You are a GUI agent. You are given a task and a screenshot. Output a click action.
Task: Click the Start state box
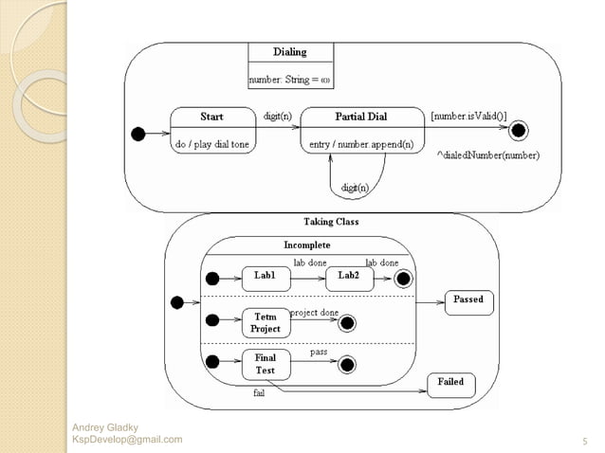tap(211, 131)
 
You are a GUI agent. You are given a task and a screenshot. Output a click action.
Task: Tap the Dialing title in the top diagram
tap(289, 52)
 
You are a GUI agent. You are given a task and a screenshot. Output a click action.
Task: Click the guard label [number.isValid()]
tap(467, 116)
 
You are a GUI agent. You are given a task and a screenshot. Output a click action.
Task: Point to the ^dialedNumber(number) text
tap(487, 154)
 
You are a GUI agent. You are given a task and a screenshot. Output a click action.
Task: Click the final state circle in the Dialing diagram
tap(519, 130)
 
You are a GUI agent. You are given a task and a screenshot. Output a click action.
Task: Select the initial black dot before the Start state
tap(138, 133)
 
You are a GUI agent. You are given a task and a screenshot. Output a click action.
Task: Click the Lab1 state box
tap(265, 277)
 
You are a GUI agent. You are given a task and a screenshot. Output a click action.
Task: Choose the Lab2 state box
tap(348, 277)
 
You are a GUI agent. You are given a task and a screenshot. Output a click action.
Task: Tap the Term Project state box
tap(265, 322)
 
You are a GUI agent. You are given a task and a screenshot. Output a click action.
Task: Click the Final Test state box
tap(265, 364)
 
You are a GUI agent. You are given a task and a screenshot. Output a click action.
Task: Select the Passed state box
tap(467, 300)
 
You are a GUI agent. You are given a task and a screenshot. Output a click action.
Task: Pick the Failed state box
tap(450, 382)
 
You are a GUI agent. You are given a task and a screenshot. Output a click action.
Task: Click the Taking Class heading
tap(331, 222)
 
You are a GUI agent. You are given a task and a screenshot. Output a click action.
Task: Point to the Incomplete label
tap(307, 245)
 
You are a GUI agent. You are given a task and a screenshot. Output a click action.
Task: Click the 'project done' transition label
tap(314, 312)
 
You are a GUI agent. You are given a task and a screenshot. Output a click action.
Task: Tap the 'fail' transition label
tap(258, 392)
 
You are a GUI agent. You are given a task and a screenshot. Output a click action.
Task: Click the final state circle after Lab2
tap(402, 278)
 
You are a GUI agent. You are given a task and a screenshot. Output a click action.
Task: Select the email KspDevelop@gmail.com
tap(127, 440)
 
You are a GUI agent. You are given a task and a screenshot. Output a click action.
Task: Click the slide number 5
tap(582, 441)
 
